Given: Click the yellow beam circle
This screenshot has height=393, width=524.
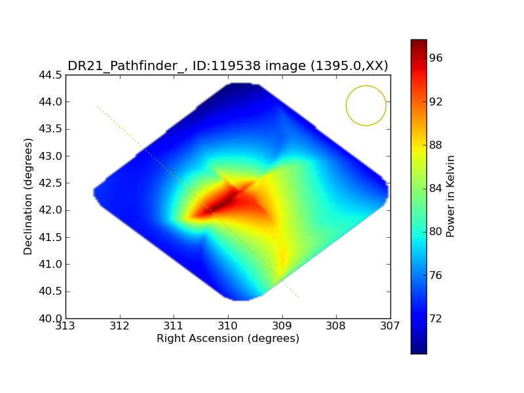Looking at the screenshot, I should (365, 105).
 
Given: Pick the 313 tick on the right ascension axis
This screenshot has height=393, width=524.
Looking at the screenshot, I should (65, 326).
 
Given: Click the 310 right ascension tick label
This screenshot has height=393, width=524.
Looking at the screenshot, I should (228, 326).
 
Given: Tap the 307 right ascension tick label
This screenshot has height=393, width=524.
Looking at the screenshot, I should (390, 326).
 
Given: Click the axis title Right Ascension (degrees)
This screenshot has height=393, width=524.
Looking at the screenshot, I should (228, 339).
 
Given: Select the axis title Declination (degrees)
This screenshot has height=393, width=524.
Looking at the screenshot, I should (29, 196).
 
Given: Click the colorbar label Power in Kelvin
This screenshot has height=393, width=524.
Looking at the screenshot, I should (451, 196).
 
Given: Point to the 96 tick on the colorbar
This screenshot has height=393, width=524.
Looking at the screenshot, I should (436, 58).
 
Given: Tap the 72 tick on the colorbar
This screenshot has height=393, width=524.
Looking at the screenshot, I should (436, 318).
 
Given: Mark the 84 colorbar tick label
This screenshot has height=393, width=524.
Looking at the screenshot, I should (436, 189).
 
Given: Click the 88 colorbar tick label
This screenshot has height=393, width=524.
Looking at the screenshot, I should (436, 145).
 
